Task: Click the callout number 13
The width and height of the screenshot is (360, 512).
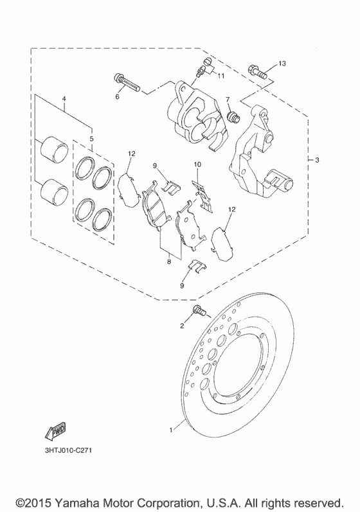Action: tap(282, 64)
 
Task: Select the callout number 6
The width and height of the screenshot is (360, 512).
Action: tap(117, 97)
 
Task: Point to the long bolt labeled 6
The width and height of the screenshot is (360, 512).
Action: tap(127, 83)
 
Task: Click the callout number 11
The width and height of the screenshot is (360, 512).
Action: tap(221, 76)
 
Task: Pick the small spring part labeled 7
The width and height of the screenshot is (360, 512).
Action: tap(233, 116)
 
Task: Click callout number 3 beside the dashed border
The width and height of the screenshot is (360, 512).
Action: tap(317, 161)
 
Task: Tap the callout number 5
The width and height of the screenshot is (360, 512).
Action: tap(91, 139)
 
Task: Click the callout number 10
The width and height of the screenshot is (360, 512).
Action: tap(197, 164)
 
